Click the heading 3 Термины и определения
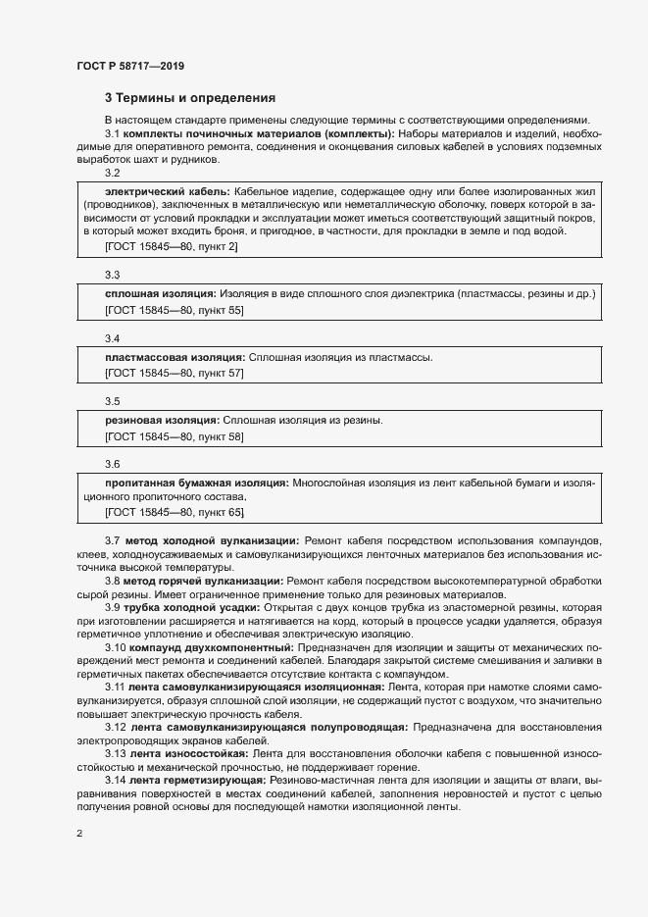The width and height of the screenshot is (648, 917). (x=190, y=98)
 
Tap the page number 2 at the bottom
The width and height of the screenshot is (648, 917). (x=79, y=834)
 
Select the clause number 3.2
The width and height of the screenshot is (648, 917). (x=112, y=172)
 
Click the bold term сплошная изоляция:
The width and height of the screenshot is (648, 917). (x=160, y=293)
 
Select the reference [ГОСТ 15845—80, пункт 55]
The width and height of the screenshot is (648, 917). (x=174, y=310)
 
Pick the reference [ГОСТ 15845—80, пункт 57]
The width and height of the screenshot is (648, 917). (x=174, y=374)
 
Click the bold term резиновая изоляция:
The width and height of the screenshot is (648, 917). (x=162, y=420)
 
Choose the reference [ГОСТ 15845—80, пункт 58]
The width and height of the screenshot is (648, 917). (x=174, y=436)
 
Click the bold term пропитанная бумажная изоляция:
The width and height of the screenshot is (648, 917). (x=196, y=483)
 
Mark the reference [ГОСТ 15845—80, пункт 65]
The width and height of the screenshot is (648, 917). (x=174, y=512)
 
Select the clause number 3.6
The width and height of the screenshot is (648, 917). (x=112, y=464)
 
